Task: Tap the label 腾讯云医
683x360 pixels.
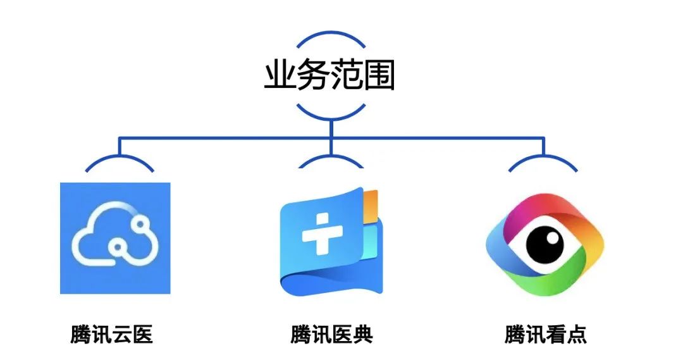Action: [x=112, y=333]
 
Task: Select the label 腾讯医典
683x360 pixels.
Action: [x=332, y=333]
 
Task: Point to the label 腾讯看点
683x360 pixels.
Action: [x=546, y=333]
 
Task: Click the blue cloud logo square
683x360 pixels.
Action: [x=115, y=238]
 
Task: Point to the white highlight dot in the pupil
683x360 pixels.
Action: [x=553, y=238]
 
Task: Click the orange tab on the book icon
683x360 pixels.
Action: [x=371, y=202]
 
